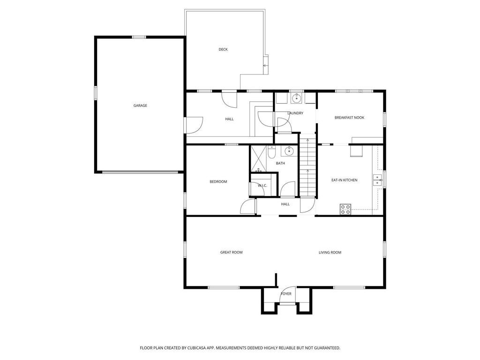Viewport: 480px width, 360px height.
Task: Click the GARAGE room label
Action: coord(140,105)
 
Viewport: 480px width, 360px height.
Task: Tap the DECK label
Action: coord(223,49)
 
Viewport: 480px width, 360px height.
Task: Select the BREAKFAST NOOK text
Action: coord(349,118)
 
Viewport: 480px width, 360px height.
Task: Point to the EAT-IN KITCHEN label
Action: coord(344,180)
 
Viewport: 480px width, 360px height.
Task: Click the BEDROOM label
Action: coord(218,181)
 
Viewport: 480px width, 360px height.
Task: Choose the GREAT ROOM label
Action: coord(231,252)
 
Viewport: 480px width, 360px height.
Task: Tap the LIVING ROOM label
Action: coord(330,252)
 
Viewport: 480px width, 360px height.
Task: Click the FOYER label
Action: coord(286,294)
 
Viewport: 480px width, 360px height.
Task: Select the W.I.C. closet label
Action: coord(262,186)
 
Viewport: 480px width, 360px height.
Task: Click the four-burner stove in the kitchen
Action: coord(345,210)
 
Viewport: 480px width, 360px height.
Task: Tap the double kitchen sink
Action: coord(377,180)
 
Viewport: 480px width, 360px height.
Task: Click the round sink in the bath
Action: coord(289,151)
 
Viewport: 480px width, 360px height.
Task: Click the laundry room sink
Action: coord(296,98)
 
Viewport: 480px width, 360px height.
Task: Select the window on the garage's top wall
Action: coord(139,37)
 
